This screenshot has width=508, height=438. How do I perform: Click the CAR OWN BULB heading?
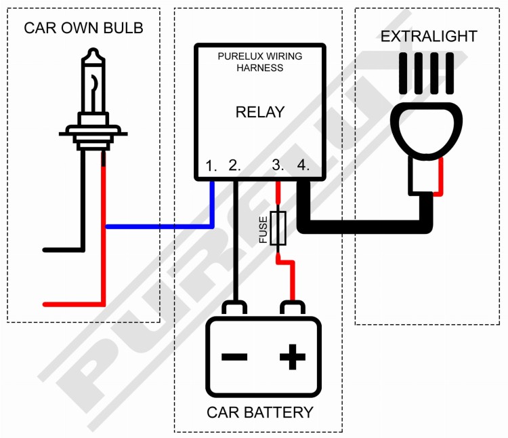(83, 28)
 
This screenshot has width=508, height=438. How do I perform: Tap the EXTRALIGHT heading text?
(429, 36)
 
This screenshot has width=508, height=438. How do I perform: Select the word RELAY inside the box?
(260, 112)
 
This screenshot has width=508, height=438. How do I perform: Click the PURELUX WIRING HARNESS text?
(260, 62)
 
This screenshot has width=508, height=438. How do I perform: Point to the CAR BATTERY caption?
(260, 412)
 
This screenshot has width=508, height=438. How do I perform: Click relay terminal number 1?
(211, 165)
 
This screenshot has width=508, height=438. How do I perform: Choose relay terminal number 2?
(234, 165)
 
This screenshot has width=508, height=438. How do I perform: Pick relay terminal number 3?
(278, 165)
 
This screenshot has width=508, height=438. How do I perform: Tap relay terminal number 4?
(302, 165)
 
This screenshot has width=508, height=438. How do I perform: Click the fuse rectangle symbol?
(278, 228)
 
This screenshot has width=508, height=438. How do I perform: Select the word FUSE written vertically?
(263, 229)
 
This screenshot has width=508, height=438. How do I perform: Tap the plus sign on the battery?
(292, 357)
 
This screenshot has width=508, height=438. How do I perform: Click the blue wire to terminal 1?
(163, 226)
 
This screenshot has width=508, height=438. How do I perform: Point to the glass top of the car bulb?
(93, 82)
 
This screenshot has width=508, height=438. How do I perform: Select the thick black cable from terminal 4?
(366, 226)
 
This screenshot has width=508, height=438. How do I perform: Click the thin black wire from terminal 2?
(234, 237)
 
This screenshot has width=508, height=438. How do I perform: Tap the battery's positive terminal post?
(293, 308)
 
